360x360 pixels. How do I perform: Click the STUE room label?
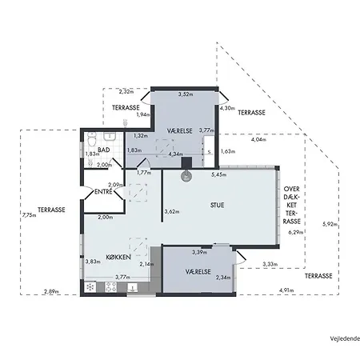[217, 205]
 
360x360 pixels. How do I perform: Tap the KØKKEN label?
[118, 257]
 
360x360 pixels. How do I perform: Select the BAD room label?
[104, 150]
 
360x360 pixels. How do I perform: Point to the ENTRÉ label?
[103, 191]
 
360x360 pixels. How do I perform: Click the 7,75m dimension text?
[30, 215]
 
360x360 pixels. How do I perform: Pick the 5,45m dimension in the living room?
[219, 174]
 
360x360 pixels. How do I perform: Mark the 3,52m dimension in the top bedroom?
[186, 94]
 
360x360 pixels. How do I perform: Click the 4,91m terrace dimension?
[286, 290]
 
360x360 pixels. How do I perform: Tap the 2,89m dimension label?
[51, 291]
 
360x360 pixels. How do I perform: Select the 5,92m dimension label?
[330, 224]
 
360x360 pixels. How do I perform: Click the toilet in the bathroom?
[91, 139]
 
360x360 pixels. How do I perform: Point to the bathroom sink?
[110, 137]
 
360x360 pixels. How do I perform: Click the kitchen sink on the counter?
[132, 287]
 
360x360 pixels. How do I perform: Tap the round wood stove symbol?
[186, 176]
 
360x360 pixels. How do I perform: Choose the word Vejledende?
[345, 338]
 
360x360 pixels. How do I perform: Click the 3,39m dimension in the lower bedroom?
[199, 252]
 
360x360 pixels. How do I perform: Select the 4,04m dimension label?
[258, 139]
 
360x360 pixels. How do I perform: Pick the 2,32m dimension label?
[126, 91]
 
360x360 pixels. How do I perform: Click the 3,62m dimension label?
[172, 212]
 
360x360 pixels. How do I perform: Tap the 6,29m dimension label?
[296, 232]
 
